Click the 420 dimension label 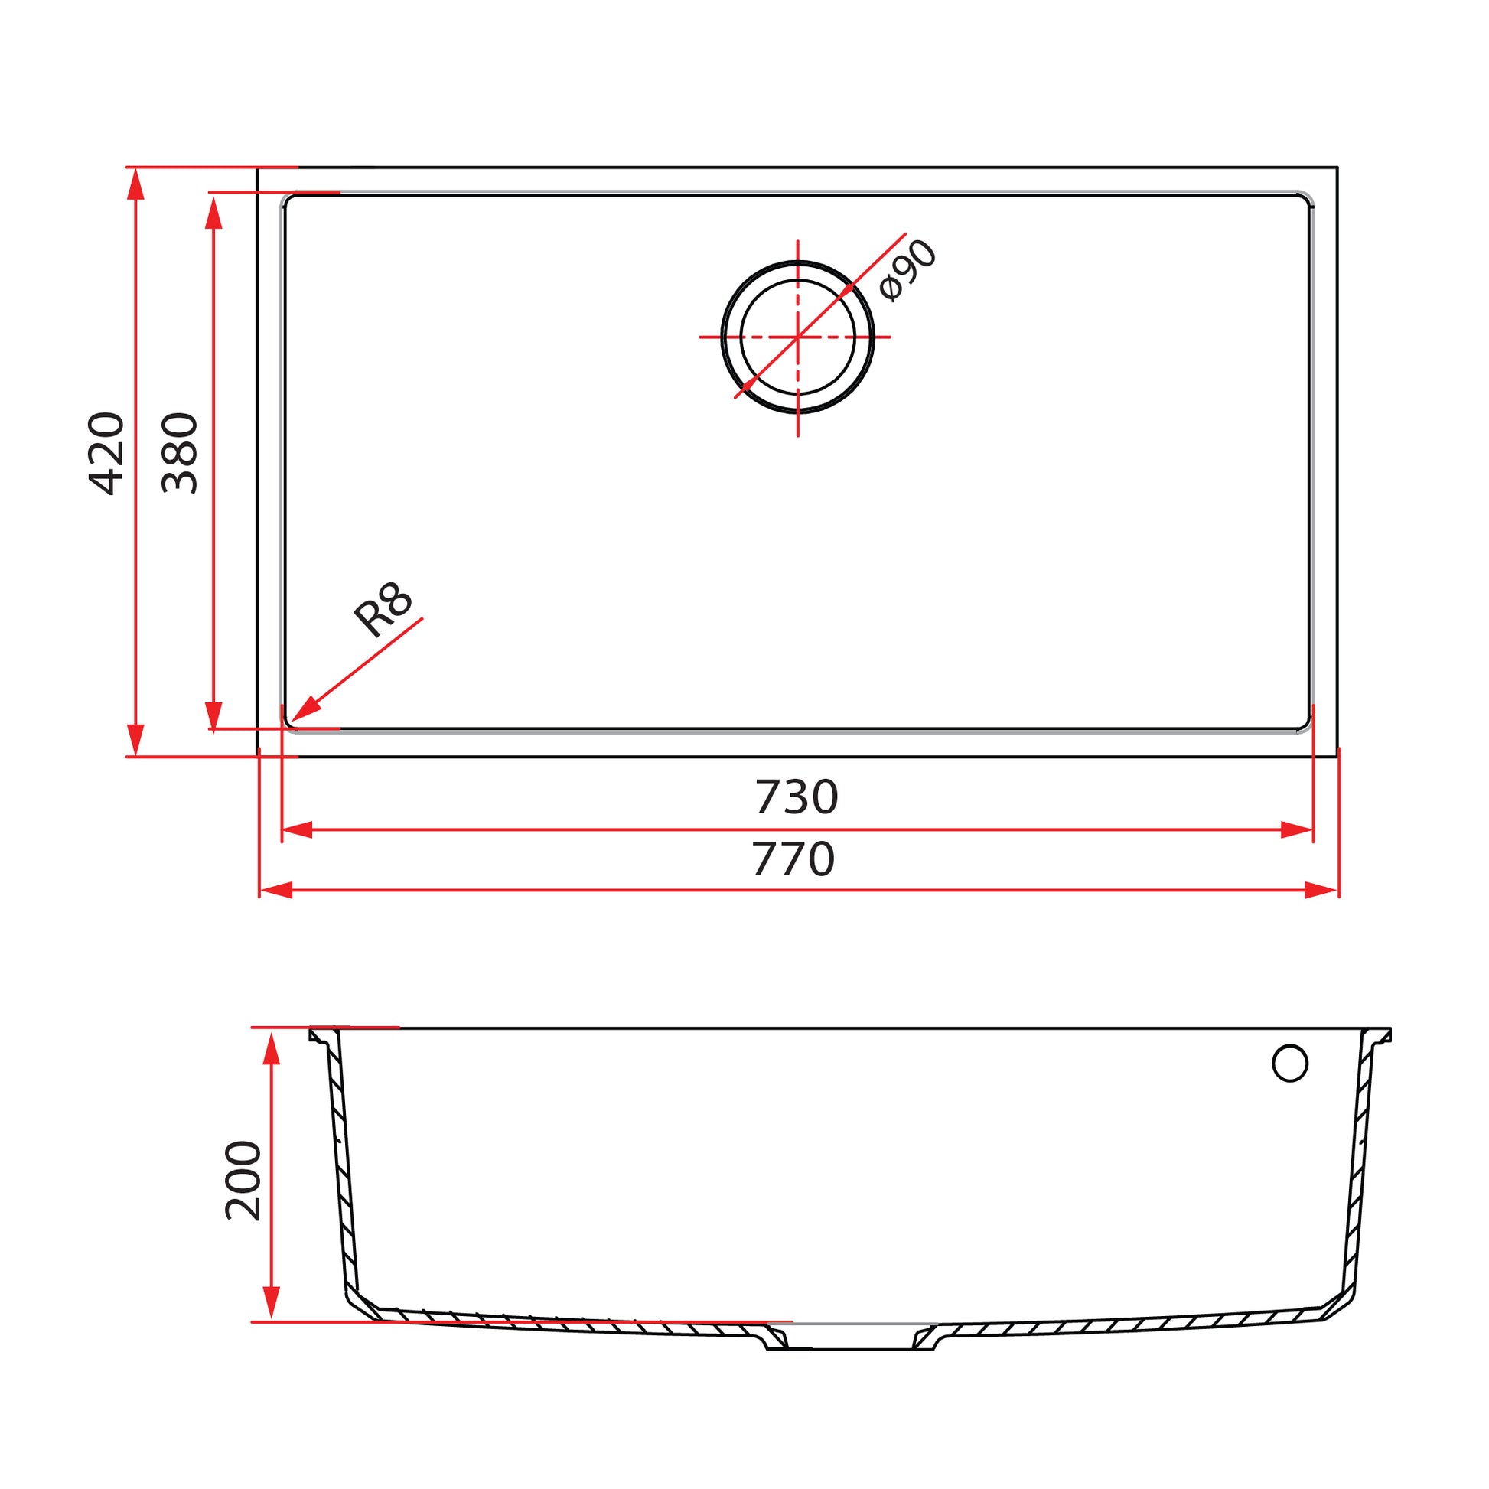point(106,453)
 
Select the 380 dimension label point(180,453)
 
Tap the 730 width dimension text point(796,797)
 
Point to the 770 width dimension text point(793,859)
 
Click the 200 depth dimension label point(243,1180)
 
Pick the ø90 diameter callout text point(908,271)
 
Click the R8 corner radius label point(383,610)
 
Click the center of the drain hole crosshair point(797,337)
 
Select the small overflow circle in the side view point(1290,1064)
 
